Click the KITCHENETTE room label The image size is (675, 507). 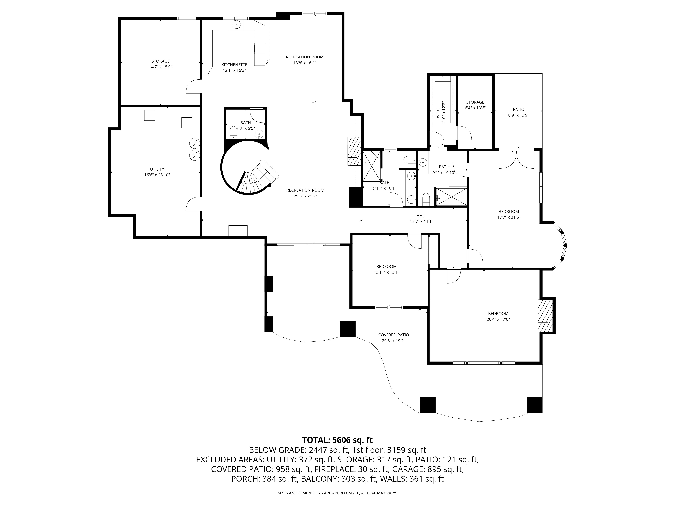coord(234,65)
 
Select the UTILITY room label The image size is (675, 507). coord(157,169)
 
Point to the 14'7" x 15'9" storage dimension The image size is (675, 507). coord(160,67)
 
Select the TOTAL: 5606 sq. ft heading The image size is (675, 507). coord(337,440)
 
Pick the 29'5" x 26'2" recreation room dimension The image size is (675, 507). coord(305,196)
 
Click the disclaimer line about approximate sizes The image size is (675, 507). coord(337,493)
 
